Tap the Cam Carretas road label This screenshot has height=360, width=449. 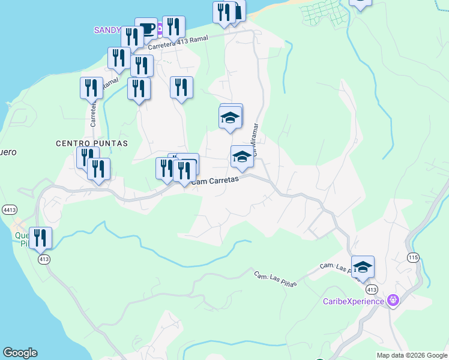pyautogui.click(x=215, y=180)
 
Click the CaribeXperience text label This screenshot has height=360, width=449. pyautogui.click(x=353, y=301)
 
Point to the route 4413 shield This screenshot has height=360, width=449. pyautogui.click(x=9, y=210)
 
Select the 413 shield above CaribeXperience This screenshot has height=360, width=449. pyautogui.click(x=372, y=289)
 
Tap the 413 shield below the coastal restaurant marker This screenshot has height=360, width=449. pyautogui.click(x=43, y=259)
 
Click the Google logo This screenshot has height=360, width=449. pyautogui.click(x=20, y=353)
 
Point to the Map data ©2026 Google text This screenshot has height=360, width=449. pyautogui.click(x=411, y=355)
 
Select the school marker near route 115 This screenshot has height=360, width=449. pyautogui.click(x=363, y=266)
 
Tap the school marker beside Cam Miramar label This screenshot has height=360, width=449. pyautogui.click(x=242, y=157)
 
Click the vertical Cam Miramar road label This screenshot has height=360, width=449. pyautogui.click(x=255, y=140)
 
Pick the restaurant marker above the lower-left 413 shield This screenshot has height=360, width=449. pyautogui.click(x=40, y=238)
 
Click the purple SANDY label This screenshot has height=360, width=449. pyautogui.click(x=108, y=30)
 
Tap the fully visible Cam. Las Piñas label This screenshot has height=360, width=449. pyautogui.click(x=275, y=279)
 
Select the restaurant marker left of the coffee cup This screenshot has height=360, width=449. pyautogui.click(x=131, y=37)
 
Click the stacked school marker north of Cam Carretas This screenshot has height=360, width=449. pyautogui.click(x=231, y=116)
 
